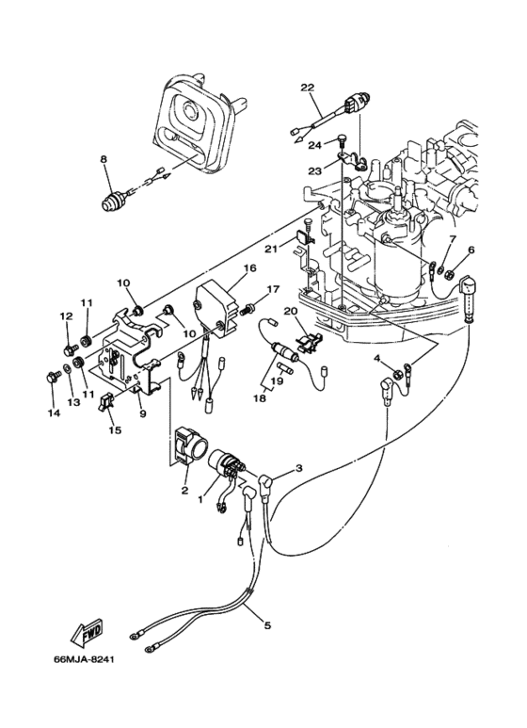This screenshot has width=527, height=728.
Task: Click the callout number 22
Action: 307,88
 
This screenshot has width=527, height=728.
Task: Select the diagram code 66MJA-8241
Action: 91,657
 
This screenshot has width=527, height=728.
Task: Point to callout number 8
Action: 104,160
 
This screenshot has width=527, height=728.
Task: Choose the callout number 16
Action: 249,268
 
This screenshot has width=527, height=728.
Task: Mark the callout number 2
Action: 184,490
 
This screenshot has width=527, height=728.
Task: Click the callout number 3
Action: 299,468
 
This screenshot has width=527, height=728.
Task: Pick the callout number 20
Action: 291,312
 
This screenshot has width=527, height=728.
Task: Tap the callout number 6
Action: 471,250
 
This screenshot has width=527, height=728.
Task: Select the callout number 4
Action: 376,359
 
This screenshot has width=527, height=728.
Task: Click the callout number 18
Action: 258,398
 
